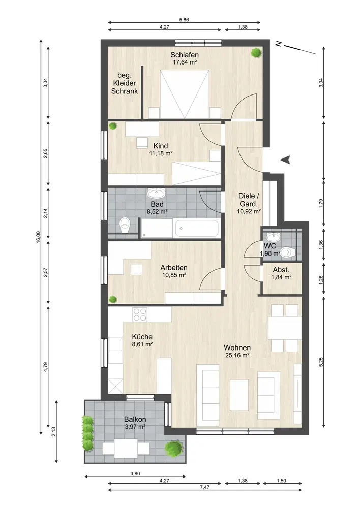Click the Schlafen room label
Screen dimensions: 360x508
click(x=185, y=55)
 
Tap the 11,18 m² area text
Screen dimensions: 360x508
click(x=161, y=153)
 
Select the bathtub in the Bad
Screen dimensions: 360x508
click(x=197, y=229)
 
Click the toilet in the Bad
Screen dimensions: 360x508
click(x=125, y=225)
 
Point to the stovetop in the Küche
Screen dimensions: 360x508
click(x=140, y=314)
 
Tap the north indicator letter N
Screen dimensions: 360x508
click(x=278, y=43)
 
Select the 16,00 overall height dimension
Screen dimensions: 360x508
click(x=38, y=237)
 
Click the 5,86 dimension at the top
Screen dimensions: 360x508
click(x=184, y=20)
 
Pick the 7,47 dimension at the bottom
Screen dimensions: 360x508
click(x=204, y=487)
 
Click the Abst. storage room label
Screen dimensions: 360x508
click(x=281, y=270)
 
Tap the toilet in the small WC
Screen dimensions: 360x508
click(x=288, y=252)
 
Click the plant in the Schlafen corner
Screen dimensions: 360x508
click(x=256, y=52)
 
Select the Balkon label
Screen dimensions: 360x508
click(x=135, y=419)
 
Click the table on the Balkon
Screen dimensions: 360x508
click(x=126, y=449)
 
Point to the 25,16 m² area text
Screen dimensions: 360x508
click(x=237, y=355)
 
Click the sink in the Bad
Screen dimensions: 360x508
click(x=156, y=193)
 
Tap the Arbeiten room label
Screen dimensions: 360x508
click(x=174, y=268)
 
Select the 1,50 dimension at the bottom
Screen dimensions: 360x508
click(x=282, y=481)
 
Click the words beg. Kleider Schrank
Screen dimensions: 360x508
click(x=125, y=83)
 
